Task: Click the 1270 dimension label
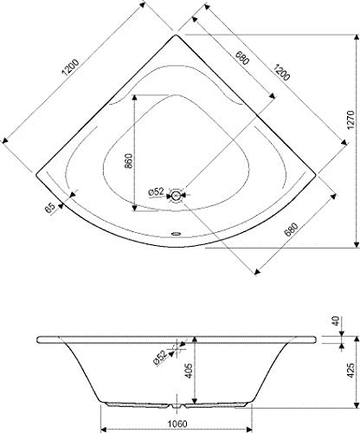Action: point(350,120)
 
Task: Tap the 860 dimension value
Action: point(128,161)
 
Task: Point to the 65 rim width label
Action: point(50,208)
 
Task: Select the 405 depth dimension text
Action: point(188,372)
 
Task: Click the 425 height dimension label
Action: point(350,370)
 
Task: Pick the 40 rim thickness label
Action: point(336,321)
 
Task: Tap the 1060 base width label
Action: point(177,423)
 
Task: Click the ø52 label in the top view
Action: point(156,191)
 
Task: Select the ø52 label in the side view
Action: point(160,359)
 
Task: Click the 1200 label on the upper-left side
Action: point(70,68)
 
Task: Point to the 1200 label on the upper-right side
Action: point(281,72)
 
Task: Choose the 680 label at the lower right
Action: point(291,229)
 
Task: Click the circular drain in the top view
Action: point(176,196)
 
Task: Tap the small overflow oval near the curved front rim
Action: point(176,233)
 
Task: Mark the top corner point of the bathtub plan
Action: point(176,35)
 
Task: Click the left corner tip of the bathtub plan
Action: point(36,174)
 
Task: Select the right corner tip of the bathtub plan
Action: point(316,174)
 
